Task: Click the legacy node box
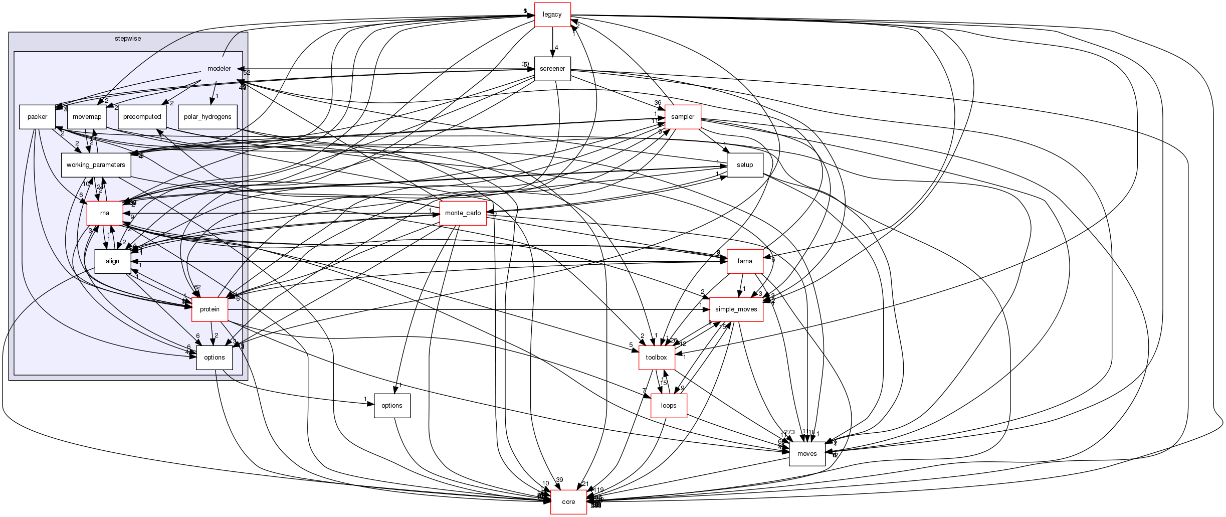pyautogui.click(x=552, y=15)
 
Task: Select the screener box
pyautogui.click(x=552, y=69)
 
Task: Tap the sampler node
pyautogui.click(x=682, y=117)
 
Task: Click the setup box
pyautogui.click(x=744, y=165)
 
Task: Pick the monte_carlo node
pyautogui.click(x=463, y=213)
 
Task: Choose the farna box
pyautogui.click(x=744, y=261)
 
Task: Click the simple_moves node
pyautogui.click(x=736, y=309)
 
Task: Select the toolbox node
pyautogui.click(x=656, y=358)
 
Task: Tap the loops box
pyautogui.click(x=669, y=406)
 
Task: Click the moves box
pyautogui.click(x=806, y=454)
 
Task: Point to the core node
pyautogui.click(x=568, y=502)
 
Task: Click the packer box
pyautogui.click(x=37, y=117)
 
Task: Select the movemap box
pyautogui.click(x=87, y=117)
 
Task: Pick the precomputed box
pyautogui.click(x=142, y=117)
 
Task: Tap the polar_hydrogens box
pyautogui.click(x=208, y=117)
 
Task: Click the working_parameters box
pyautogui.click(x=96, y=165)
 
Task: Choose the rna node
pyautogui.click(x=105, y=213)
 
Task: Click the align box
pyautogui.click(x=112, y=261)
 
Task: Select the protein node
pyautogui.click(x=210, y=309)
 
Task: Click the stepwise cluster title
pyautogui.click(x=128, y=39)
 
